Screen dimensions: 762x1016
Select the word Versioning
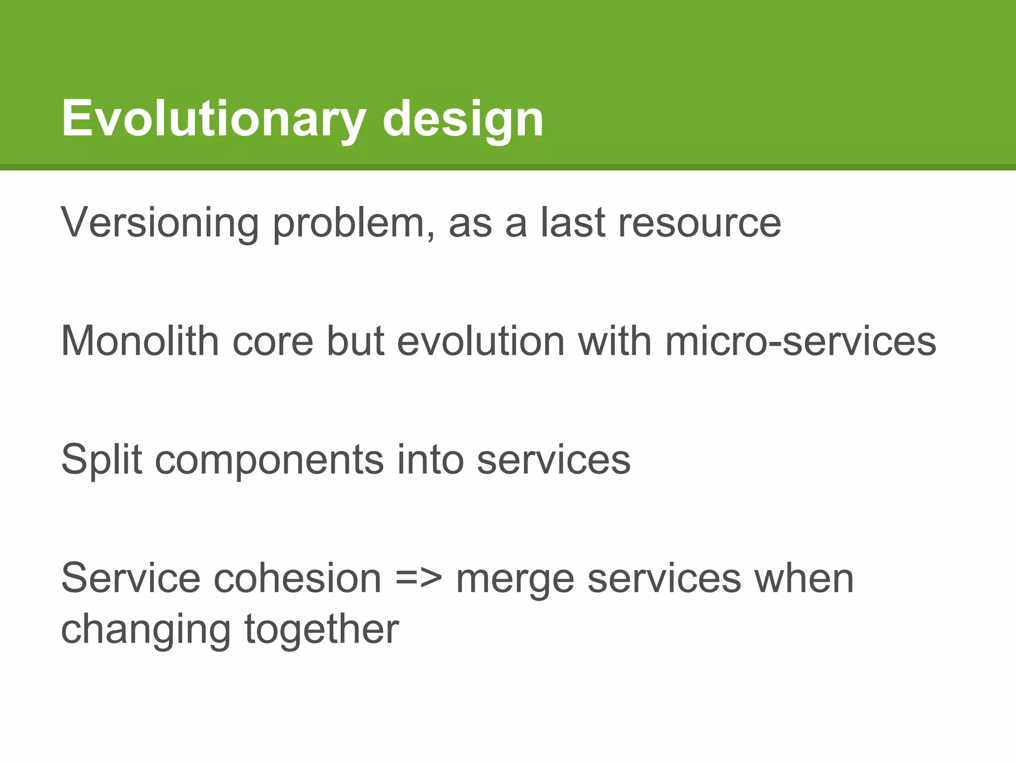(160, 223)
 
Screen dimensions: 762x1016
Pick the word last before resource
(572, 223)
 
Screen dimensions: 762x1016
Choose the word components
(269, 459)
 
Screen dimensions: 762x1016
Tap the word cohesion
(297, 578)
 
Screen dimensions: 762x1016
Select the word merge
(514, 578)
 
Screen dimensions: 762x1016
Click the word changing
(146, 629)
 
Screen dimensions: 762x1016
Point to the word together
(321, 629)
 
